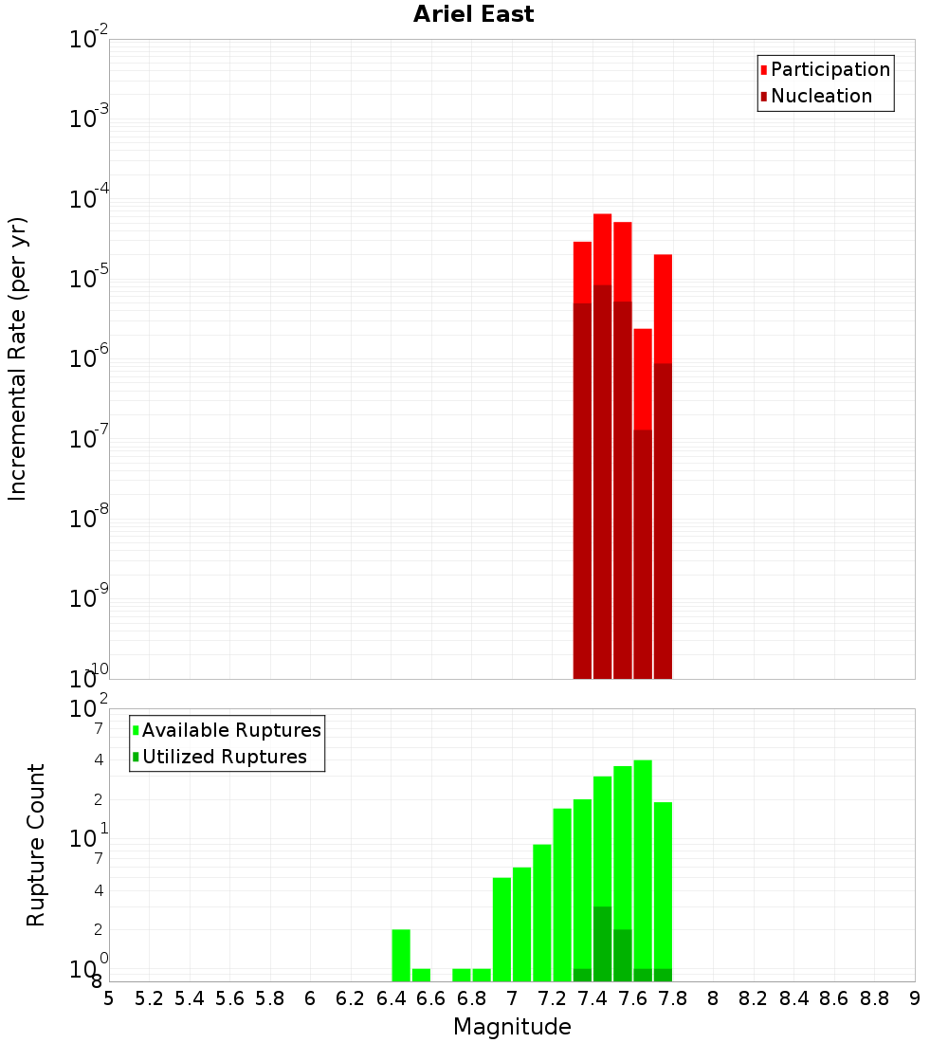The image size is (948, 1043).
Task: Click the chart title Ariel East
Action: [473, 14]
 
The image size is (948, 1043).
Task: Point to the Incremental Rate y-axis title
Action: [18, 358]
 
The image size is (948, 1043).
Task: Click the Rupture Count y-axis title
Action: [36, 845]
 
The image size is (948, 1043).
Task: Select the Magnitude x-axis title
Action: [512, 1027]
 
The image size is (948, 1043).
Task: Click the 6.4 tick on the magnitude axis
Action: [391, 998]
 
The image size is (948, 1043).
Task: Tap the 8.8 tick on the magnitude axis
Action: [874, 998]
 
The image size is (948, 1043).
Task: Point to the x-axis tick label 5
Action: [109, 998]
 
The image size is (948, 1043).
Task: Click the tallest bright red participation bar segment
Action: [602, 248]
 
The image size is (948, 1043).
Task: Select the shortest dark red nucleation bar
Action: [643, 554]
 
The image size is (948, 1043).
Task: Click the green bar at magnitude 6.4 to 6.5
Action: [401, 955]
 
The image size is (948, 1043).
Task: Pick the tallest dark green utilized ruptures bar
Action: [602, 943]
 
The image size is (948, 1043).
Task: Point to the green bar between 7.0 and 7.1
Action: [521, 924]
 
